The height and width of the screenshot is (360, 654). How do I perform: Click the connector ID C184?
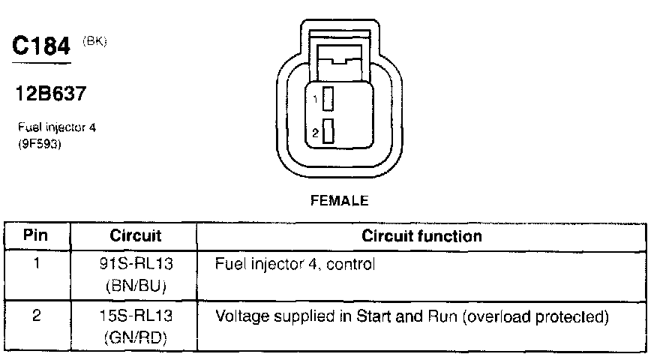(x=44, y=47)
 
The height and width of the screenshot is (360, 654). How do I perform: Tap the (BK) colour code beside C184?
(x=95, y=42)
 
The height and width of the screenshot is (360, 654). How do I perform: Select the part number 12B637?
(x=51, y=94)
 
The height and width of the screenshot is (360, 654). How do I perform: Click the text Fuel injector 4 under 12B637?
(x=56, y=127)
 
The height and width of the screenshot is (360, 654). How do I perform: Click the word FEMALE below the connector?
(x=340, y=200)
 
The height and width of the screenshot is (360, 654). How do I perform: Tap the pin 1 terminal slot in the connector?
(x=328, y=98)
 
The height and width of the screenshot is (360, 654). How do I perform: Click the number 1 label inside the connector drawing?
(x=316, y=99)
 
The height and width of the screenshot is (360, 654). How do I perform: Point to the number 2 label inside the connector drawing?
(x=316, y=132)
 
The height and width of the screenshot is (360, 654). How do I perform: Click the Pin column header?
(x=36, y=235)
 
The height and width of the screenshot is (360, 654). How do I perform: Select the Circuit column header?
(x=136, y=235)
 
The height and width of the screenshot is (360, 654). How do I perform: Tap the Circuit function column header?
(x=421, y=235)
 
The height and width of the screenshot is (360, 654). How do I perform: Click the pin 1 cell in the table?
(x=36, y=264)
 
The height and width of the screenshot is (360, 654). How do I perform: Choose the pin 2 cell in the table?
(x=36, y=316)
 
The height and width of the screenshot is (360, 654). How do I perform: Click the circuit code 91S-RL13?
(x=136, y=264)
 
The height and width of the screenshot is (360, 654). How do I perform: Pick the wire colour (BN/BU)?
(x=136, y=285)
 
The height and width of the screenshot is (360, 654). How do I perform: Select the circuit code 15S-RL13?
(x=136, y=316)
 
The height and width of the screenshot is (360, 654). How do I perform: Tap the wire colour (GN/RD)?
(x=136, y=337)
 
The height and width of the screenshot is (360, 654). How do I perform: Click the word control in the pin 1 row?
(x=351, y=264)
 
